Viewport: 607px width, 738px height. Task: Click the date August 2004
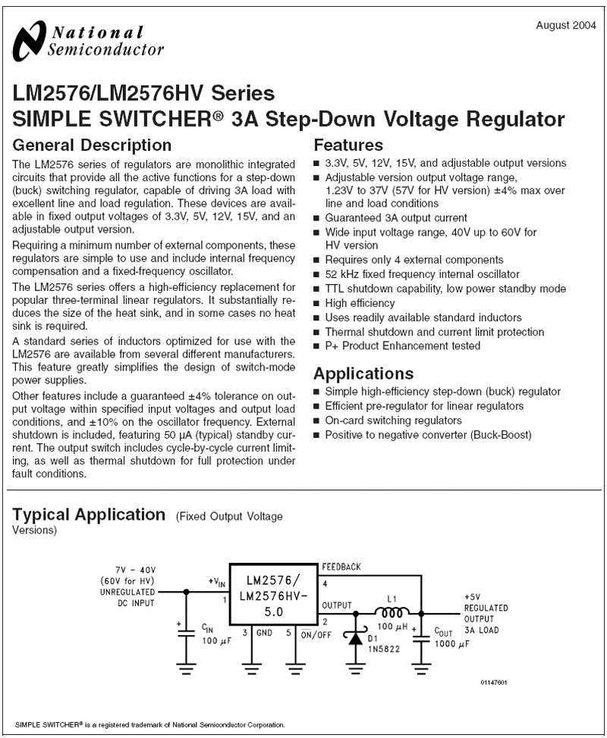562,26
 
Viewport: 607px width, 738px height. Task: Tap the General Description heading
93,145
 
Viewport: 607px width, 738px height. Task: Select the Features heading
348,145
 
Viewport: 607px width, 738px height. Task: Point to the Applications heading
363,374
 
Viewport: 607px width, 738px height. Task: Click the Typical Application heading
89,515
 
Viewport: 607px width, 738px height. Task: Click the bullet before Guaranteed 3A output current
317,218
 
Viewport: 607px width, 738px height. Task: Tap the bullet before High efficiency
317,303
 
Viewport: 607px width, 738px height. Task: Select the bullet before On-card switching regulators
317,421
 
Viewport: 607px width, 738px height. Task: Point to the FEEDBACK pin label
341,567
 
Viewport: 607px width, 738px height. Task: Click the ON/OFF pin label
316,635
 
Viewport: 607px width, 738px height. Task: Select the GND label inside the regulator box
264,633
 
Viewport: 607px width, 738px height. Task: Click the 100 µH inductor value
394,628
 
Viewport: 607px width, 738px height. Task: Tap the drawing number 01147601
494,683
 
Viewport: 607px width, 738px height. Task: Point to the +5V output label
471,597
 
